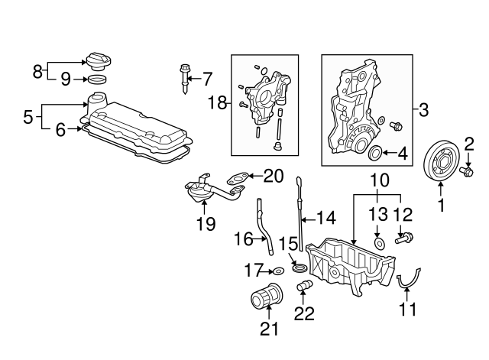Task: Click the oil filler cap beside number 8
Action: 99,60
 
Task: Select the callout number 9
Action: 66,78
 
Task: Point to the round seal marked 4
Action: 376,155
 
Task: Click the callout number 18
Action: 219,103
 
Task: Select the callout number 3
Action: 423,109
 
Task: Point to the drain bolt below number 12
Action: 403,239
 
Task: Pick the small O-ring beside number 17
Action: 280,271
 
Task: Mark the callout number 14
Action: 326,217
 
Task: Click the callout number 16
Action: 242,239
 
